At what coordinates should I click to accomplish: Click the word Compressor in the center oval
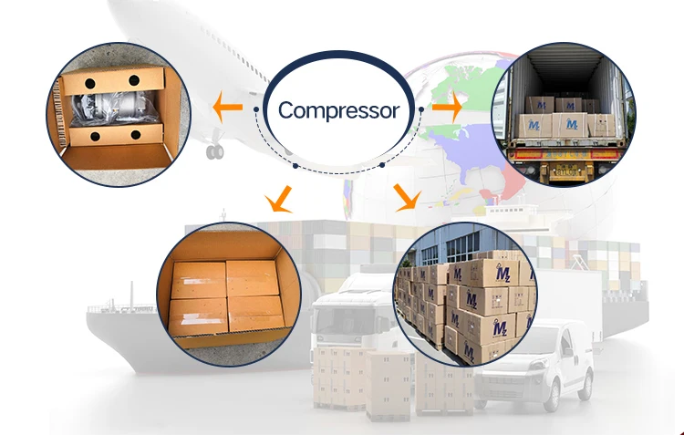[x=338, y=111]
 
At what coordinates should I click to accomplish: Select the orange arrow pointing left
[x=227, y=109]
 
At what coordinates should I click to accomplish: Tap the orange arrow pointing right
[x=446, y=109]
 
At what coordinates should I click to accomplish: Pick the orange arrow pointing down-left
[x=276, y=197]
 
